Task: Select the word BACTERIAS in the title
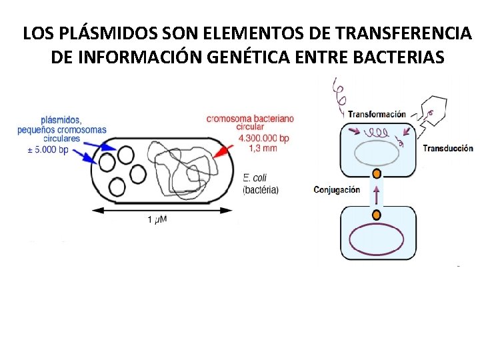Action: [398, 57]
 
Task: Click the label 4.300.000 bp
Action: [263, 138]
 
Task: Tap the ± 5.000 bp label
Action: [47, 150]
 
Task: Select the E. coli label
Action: [255, 178]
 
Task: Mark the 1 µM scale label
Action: [157, 220]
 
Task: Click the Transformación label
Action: [377, 114]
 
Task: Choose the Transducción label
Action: [448, 149]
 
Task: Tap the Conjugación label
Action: [337, 189]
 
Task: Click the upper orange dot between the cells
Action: [377, 175]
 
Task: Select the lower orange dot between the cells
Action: [377, 215]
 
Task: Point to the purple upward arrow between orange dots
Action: [377, 195]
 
